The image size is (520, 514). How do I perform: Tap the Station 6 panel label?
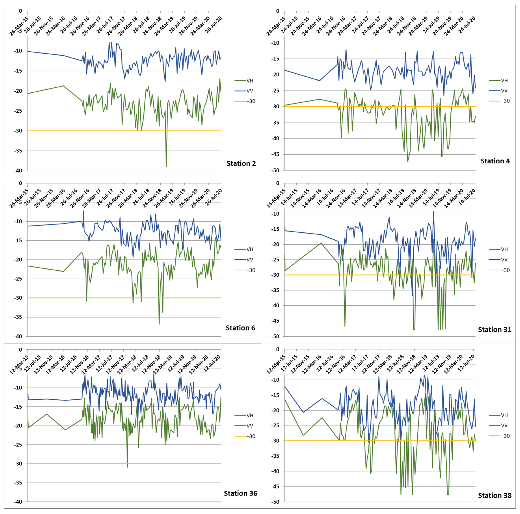pyautogui.click(x=240, y=328)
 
